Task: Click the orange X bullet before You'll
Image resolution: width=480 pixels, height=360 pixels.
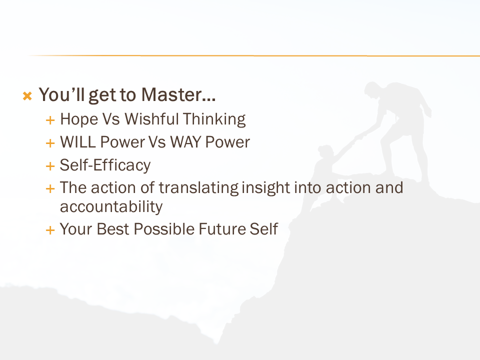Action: coord(27,96)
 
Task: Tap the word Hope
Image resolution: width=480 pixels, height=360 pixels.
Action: coord(79,119)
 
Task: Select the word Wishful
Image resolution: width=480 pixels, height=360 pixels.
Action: coord(151,119)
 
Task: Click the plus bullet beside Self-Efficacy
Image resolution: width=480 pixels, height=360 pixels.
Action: coord(50,166)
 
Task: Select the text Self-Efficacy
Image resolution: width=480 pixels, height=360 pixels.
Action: coord(105,165)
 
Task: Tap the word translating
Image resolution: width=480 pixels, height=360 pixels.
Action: coord(198,188)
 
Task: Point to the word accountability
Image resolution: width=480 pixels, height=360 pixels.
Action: coord(111,207)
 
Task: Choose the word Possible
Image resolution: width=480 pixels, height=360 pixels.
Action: coord(164,229)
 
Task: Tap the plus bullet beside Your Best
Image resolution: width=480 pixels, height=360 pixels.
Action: coord(50,230)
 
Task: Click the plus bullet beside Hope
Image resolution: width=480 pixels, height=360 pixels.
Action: coord(50,120)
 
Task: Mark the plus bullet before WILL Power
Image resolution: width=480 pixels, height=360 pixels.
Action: coord(50,143)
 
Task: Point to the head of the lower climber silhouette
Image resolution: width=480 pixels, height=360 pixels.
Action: coord(325,152)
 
